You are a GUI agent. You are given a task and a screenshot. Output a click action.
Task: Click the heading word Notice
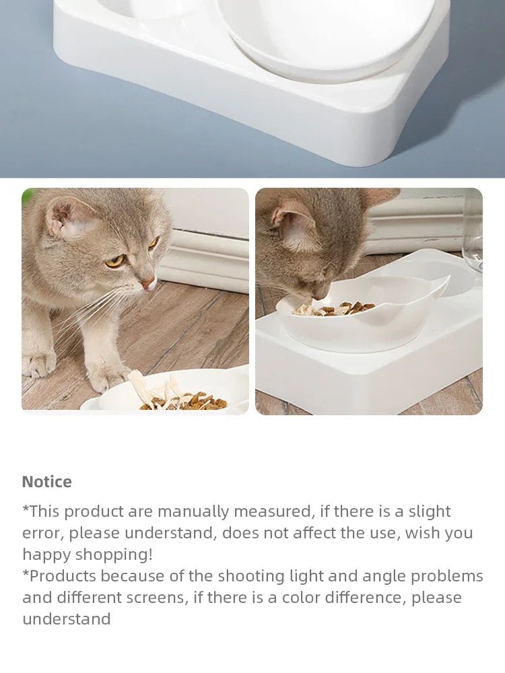[x=46, y=482]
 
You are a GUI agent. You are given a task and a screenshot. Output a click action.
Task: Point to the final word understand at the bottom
[x=66, y=619]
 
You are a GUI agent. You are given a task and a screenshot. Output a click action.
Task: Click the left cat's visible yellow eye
[x=114, y=260]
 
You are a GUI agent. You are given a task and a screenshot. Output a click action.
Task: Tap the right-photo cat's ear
[x=294, y=225]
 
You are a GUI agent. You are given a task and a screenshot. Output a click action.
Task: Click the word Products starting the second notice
[x=61, y=576]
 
